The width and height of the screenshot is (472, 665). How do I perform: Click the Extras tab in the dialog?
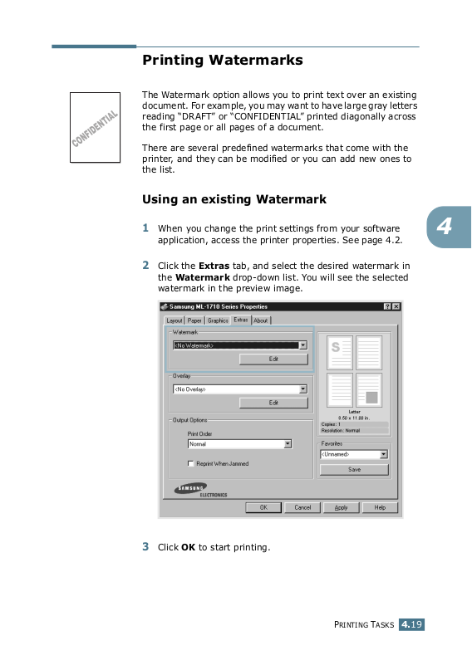[x=241, y=320]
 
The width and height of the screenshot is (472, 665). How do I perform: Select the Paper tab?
[x=194, y=320]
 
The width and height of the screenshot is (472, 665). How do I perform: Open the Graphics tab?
[x=218, y=320]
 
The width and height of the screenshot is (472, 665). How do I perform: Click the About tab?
[x=261, y=320]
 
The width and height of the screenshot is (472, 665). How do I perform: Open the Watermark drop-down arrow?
[x=303, y=345]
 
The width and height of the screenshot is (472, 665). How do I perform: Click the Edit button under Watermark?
[x=273, y=359]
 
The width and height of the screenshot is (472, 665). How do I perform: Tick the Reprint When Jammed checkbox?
[x=190, y=463]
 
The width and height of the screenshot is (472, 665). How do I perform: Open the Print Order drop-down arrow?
[x=288, y=443]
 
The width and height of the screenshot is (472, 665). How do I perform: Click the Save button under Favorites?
[x=354, y=470]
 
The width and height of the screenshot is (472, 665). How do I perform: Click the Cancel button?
[x=302, y=507]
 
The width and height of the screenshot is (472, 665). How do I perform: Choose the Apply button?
[x=341, y=507]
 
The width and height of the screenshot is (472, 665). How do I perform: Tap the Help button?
[x=380, y=507]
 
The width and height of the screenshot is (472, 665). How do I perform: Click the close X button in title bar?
[x=396, y=306]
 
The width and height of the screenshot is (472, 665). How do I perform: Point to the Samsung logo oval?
[x=190, y=488]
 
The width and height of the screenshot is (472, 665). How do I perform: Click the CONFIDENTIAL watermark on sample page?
[x=95, y=129]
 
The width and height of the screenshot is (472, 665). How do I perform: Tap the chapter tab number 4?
[x=444, y=227]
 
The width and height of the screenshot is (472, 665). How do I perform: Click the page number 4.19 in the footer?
[x=411, y=624]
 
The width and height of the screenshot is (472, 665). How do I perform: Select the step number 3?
[x=145, y=546]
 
